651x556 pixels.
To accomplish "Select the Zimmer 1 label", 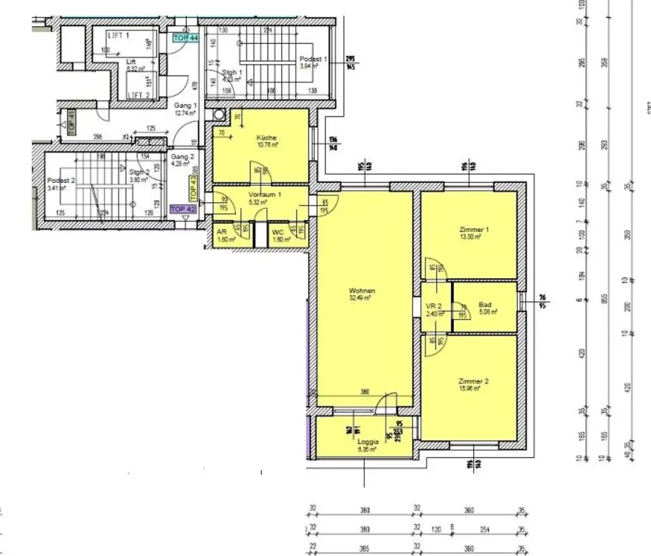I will tap(470, 229).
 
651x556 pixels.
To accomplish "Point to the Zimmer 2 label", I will tap(473, 381).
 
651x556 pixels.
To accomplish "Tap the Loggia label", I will tap(368, 442).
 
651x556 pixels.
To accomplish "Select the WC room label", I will tap(278, 233).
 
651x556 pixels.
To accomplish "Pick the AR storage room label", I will tap(222, 233).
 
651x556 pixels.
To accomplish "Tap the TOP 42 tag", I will tap(182, 208).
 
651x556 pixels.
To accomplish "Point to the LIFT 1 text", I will tap(119, 36).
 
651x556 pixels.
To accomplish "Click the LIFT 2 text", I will tap(138, 95).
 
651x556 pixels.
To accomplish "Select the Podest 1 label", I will tap(313, 59).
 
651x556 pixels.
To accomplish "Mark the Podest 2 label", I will tap(61, 180).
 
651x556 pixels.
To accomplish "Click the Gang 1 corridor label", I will tap(185, 105).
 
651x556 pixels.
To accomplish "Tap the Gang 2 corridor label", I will tap(182, 157).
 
